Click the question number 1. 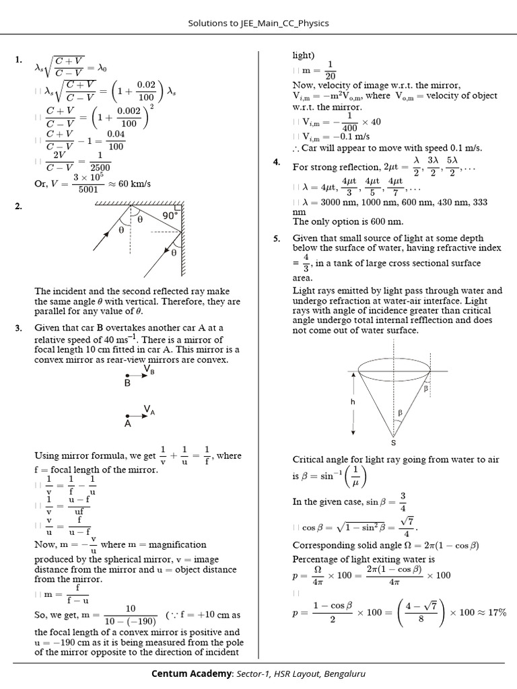(x=18, y=61)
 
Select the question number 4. (x=277, y=162)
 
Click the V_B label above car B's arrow (x=149, y=369)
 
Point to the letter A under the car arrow (x=127, y=425)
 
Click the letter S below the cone (x=393, y=442)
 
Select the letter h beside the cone (x=353, y=401)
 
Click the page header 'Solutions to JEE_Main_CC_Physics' (x=258, y=24)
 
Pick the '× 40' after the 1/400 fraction (x=372, y=122)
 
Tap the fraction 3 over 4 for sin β (x=403, y=501)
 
